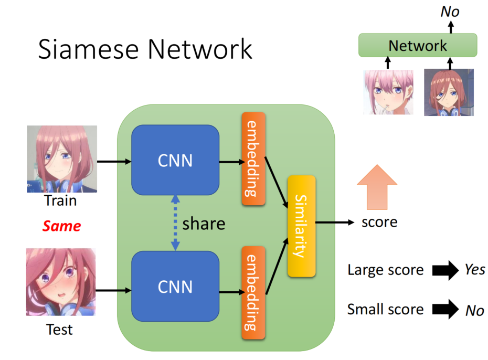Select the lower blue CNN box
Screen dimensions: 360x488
(x=175, y=287)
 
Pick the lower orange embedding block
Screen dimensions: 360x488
(x=253, y=292)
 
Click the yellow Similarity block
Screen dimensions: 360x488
(x=301, y=226)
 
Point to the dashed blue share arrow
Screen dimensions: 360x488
(x=175, y=223)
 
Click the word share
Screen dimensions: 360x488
(x=204, y=224)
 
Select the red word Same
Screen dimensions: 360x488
(x=61, y=226)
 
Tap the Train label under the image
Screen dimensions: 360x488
(x=60, y=201)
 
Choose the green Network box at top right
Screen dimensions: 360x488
(x=418, y=46)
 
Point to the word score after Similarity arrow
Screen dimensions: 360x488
(x=379, y=222)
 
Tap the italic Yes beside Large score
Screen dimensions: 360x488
(x=475, y=270)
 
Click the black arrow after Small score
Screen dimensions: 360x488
(x=445, y=310)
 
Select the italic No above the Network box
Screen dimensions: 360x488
(x=450, y=11)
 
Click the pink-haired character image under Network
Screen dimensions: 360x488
(x=388, y=92)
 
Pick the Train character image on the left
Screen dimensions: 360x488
(x=62, y=159)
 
